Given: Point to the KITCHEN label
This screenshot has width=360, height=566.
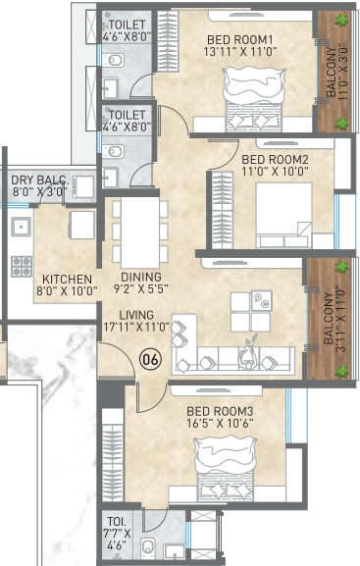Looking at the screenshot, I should pos(67,279).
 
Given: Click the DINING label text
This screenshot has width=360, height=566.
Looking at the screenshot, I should pos(141,278).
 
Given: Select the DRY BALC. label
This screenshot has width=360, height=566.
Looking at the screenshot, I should pos(39,180).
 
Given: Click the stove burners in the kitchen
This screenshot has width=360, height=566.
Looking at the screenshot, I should pos(21,266).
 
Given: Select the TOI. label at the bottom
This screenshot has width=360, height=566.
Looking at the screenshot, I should pos(116,521).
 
